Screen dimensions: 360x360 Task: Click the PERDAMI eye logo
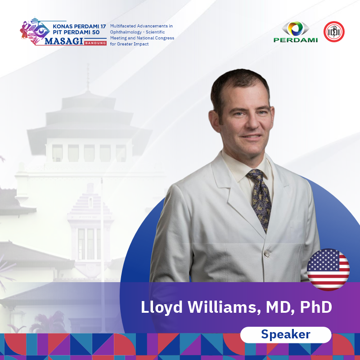pos(296,32)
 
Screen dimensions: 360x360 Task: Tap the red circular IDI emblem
pos(334,31)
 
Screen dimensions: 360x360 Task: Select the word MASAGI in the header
pos(63,41)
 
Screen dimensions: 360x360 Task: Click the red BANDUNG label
pos(95,43)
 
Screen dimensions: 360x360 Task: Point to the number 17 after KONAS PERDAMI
pos(103,27)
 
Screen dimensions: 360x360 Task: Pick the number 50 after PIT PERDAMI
pos(96,32)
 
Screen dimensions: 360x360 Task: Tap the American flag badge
pos(328,269)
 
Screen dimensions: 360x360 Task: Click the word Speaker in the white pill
pos(286,335)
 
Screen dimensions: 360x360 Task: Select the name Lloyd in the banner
pos(162,307)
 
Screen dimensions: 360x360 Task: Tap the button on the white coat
pos(266,253)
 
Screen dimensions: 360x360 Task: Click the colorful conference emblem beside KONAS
pos(35,31)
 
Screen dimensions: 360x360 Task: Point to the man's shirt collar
pos(245,167)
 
